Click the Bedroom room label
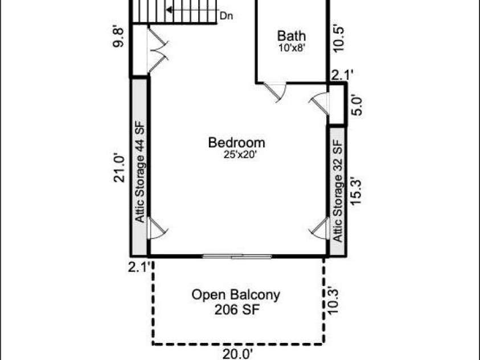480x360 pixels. [x=237, y=142]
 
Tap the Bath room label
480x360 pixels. [x=292, y=36]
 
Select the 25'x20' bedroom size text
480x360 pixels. [x=240, y=155]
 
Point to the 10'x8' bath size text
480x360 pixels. [x=292, y=48]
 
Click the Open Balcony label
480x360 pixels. [x=236, y=295]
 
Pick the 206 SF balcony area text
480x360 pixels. [x=237, y=309]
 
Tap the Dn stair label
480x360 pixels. [x=227, y=16]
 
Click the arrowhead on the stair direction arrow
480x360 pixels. [x=169, y=10]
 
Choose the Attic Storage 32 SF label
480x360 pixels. [x=337, y=191]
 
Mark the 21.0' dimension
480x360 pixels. [x=120, y=169]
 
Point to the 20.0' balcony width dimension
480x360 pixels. [x=237, y=354]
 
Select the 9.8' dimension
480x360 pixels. [x=118, y=38]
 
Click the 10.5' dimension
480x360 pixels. [x=339, y=39]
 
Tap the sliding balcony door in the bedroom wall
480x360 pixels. [x=237, y=256]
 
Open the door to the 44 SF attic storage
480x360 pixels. [x=157, y=228]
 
